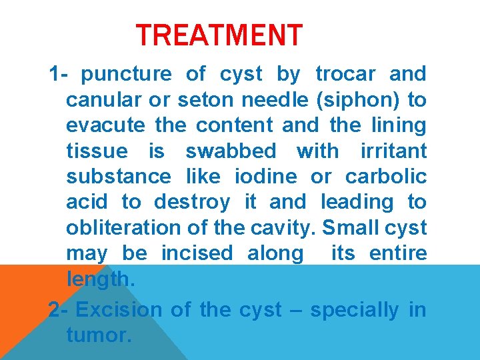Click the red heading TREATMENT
coord(219,35)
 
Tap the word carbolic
coord(386,177)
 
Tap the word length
coord(100,280)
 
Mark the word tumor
coord(98,335)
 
